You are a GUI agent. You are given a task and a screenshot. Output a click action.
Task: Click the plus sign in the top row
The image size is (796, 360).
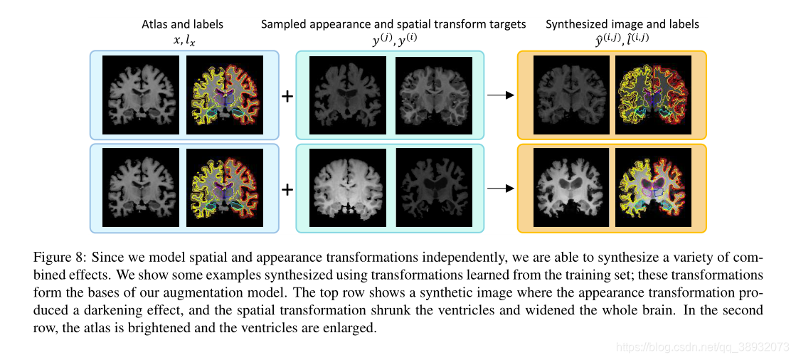pos(287,95)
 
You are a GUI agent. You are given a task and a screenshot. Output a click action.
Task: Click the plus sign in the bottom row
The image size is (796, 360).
pos(287,189)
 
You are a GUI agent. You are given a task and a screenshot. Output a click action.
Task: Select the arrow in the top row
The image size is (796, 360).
pos(500,95)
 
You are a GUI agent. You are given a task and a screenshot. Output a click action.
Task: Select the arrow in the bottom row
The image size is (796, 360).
pos(500,189)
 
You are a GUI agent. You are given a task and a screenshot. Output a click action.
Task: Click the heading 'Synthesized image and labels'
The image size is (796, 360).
pos(622,24)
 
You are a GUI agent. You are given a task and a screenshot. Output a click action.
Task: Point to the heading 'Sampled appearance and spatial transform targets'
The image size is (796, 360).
pos(393,24)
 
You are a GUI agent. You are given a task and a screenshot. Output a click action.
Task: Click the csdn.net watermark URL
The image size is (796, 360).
pos(701,347)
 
